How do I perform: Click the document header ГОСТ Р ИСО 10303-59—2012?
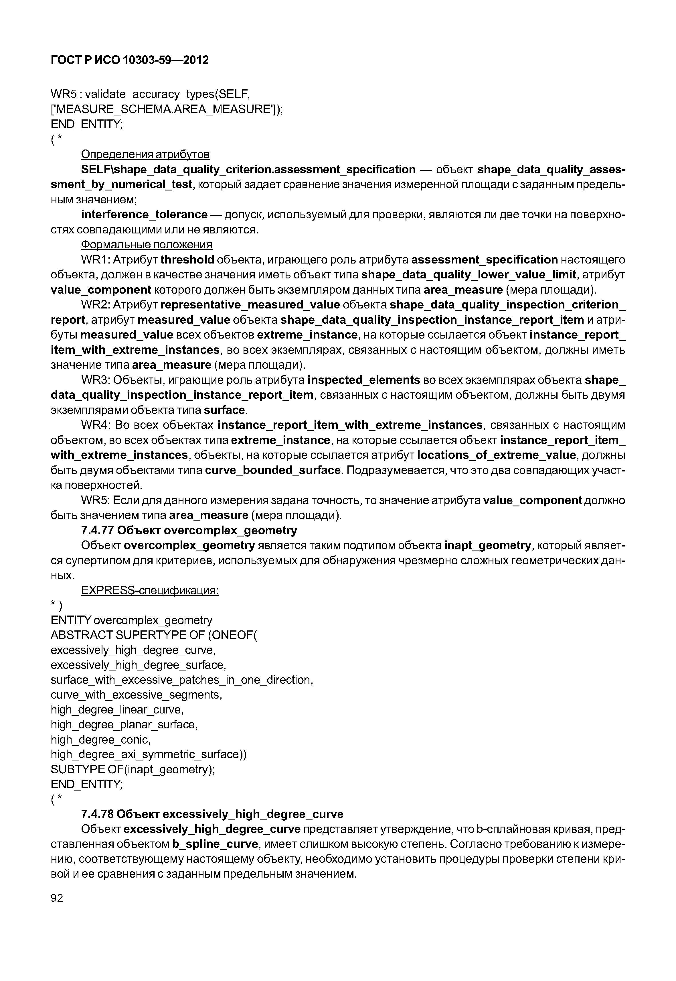pos(130,60)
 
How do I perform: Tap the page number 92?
pos(57,898)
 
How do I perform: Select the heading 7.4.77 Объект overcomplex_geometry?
pos(189,530)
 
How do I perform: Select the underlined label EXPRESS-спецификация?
pos(150,591)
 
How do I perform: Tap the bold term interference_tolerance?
pos(144,215)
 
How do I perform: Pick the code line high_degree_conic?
pos(100,740)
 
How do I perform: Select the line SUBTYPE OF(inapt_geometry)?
pos(133,769)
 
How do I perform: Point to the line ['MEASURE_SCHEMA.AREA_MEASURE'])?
pos(167,109)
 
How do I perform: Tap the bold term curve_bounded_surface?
pos(273,470)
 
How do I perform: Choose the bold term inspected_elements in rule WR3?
pos(363,380)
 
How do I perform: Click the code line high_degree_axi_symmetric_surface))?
pos(148,755)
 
